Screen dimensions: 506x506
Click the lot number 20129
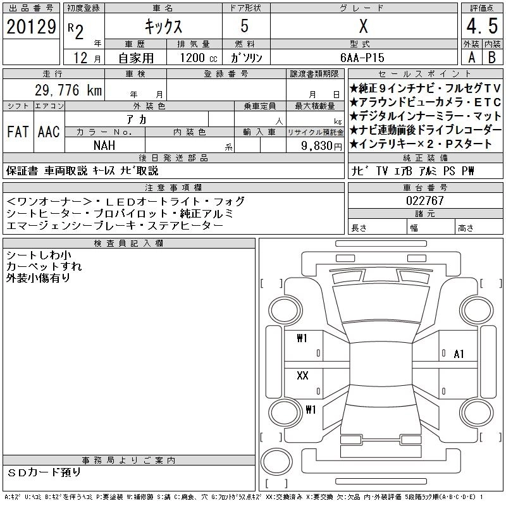click(x=31, y=27)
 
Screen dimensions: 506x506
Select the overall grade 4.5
click(x=482, y=26)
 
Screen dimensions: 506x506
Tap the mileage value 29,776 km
click(x=68, y=90)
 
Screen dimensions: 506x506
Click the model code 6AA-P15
click(x=362, y=58)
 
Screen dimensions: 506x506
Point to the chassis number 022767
click(x=425, y=201)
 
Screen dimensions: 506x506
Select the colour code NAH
click(x=104, y=145)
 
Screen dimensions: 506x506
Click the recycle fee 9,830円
click(x=321, y=146)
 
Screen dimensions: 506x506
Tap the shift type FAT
click(x=18, y=132)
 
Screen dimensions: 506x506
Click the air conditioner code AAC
click(x=49, y=132)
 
